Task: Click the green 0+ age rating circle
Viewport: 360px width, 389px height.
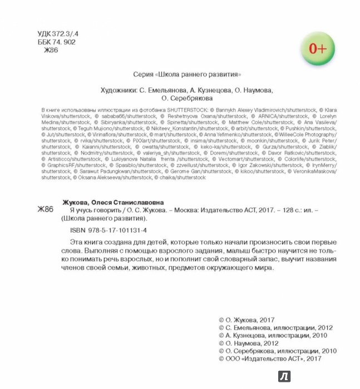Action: point(318,48)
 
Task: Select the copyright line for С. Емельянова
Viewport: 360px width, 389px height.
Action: point(276,328)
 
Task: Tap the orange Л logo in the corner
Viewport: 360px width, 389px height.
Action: point(284,376)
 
